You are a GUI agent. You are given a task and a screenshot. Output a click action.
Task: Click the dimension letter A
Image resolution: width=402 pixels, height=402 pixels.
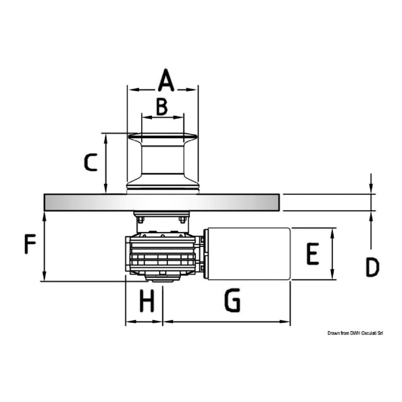[x=166, y=80]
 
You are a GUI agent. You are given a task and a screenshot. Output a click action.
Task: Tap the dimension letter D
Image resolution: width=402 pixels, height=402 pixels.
[x=372, y=267]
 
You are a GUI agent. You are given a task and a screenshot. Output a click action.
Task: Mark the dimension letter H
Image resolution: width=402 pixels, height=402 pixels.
[x=146, y=301]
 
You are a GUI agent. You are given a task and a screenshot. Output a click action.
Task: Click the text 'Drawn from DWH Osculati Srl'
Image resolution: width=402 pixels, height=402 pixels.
[x=355, y=333]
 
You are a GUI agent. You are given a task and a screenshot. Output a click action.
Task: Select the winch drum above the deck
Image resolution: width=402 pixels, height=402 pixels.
[x=162, y=162]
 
